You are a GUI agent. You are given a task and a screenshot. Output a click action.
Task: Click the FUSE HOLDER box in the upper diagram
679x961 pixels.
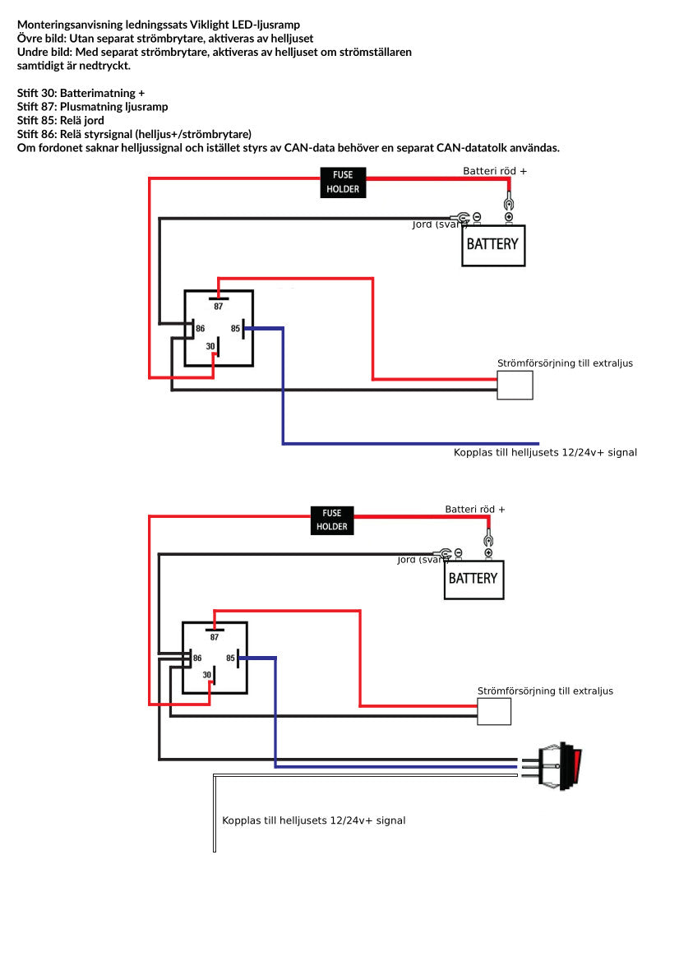coord(343,182)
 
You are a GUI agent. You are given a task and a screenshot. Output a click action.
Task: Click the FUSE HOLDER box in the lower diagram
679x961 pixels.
coord(332,520)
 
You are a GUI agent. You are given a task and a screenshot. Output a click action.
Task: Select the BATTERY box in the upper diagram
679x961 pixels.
coord(492,244)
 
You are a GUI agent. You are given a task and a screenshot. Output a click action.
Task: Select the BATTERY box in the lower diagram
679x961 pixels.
coord(473,579)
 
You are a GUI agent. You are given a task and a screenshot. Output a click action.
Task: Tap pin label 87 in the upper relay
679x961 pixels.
coord(219,307)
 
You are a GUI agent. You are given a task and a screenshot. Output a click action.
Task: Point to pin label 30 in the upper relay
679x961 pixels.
coord(210,347)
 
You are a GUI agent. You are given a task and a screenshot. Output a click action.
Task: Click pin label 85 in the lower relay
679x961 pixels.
coord(231,658)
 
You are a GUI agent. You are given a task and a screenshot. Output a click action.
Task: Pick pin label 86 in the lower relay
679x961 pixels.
coord(197,658)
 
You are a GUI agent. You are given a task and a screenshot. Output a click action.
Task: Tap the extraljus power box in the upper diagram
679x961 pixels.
coord(515,385)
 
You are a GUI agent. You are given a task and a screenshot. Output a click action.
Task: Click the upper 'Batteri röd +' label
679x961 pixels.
coord(494,171)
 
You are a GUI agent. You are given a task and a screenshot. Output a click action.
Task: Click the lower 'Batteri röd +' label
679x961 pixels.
coord(475,509)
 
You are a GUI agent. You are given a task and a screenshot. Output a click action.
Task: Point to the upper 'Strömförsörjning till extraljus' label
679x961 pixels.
coord(565,363)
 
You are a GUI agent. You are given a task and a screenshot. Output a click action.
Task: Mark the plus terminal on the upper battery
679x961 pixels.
coord(509,217)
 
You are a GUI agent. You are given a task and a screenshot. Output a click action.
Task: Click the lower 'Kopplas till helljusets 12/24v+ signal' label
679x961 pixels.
coord(313,820)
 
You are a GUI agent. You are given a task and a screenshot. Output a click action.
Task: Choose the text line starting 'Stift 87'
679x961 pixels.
coord(92,107)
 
